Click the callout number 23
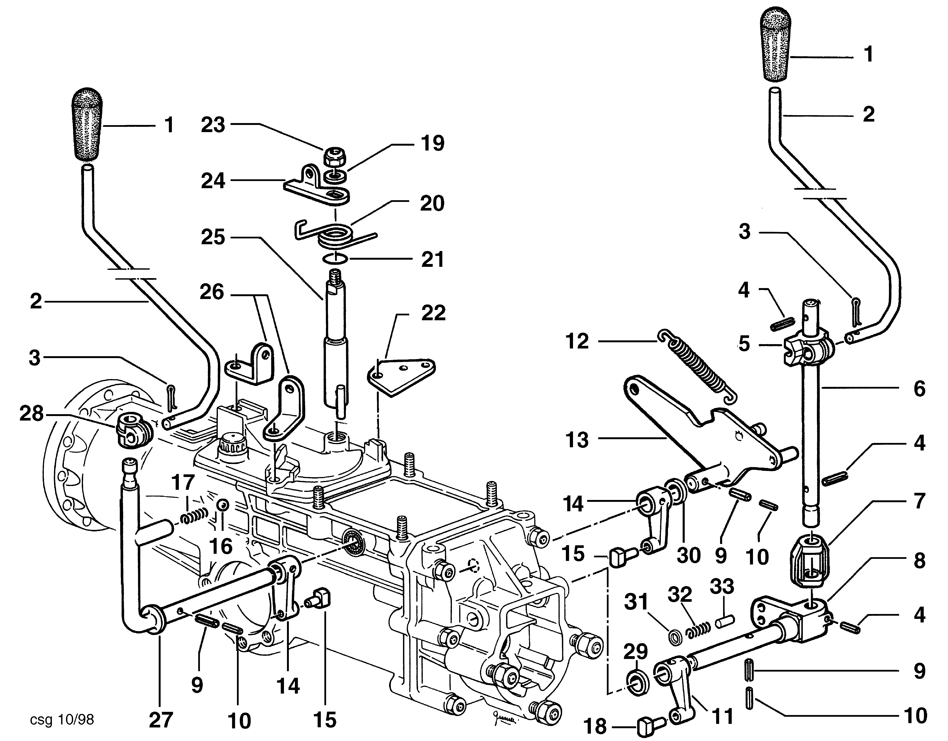[213, 125]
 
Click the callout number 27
[161, 719]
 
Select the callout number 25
[213, 237]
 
